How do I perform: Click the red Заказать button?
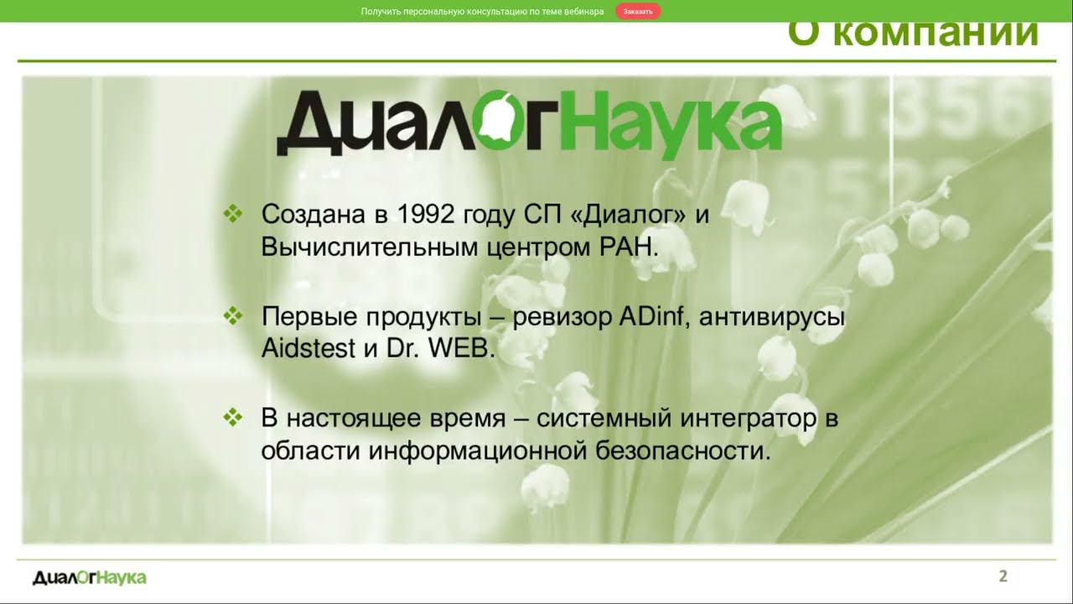coord(638,12)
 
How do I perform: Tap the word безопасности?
coord(683,451)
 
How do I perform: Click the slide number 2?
coord(1003,576)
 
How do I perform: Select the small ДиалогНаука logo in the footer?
coord(89,577)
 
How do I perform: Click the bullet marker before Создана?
coord(232,214)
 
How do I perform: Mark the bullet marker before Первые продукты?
coord(232,317)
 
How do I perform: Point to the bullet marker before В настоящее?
coord(232,418)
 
